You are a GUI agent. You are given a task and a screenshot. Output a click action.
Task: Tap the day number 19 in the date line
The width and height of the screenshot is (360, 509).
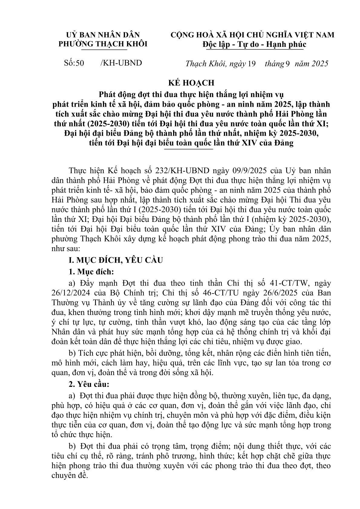coord(252,64)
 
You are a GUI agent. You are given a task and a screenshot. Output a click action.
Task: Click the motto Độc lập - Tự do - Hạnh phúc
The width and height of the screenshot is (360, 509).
coord(254,44)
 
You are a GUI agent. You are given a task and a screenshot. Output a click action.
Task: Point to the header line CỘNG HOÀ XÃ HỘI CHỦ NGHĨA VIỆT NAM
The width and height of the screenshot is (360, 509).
coord(253,35)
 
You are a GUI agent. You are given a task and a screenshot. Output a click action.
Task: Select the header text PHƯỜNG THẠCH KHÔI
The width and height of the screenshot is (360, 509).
coord(103,44)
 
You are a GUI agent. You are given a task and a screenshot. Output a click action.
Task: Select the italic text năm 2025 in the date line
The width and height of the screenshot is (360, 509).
coord(312,64)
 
